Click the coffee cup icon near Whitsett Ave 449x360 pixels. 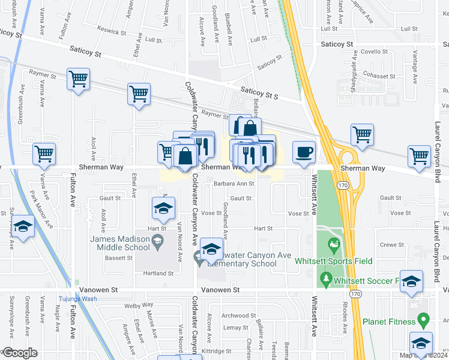tap(304, 151)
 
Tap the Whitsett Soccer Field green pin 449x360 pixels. tap(325, 278)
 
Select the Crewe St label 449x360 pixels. tap(391, 245)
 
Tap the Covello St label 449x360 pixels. tap(375, 52)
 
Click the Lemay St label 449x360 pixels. tap(235, 328)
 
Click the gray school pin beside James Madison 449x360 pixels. tap(157, 242)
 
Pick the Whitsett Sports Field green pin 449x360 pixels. tap(333, 245)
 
